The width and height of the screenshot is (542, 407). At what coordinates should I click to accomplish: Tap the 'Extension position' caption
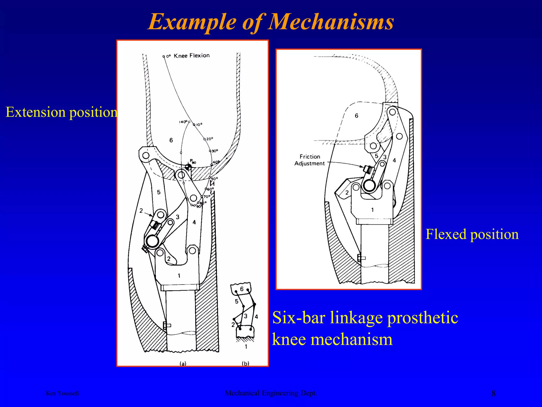61,112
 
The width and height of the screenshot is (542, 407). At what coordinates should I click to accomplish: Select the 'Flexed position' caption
472,234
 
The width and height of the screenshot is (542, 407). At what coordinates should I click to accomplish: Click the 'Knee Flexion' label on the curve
192,56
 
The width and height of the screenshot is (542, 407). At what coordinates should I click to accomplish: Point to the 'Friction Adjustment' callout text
310,160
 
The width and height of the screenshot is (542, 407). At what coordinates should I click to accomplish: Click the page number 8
493,393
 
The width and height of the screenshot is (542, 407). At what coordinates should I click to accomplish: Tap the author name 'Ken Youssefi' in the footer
62,393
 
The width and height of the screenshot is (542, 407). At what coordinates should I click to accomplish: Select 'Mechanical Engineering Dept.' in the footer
271,393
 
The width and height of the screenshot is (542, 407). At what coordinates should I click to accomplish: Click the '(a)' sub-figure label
183,364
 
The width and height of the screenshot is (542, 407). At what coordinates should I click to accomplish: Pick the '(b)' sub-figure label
246,364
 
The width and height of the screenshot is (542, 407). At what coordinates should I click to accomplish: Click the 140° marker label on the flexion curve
183,122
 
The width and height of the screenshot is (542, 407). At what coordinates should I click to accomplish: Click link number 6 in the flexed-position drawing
356,116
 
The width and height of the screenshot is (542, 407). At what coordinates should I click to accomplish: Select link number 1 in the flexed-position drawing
372,210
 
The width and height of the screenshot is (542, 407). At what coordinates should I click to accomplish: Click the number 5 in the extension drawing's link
159,192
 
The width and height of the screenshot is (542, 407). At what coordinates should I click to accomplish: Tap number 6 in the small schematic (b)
242,289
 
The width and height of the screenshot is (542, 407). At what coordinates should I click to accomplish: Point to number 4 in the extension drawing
194,222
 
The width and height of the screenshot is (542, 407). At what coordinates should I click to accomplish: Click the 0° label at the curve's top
169,56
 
